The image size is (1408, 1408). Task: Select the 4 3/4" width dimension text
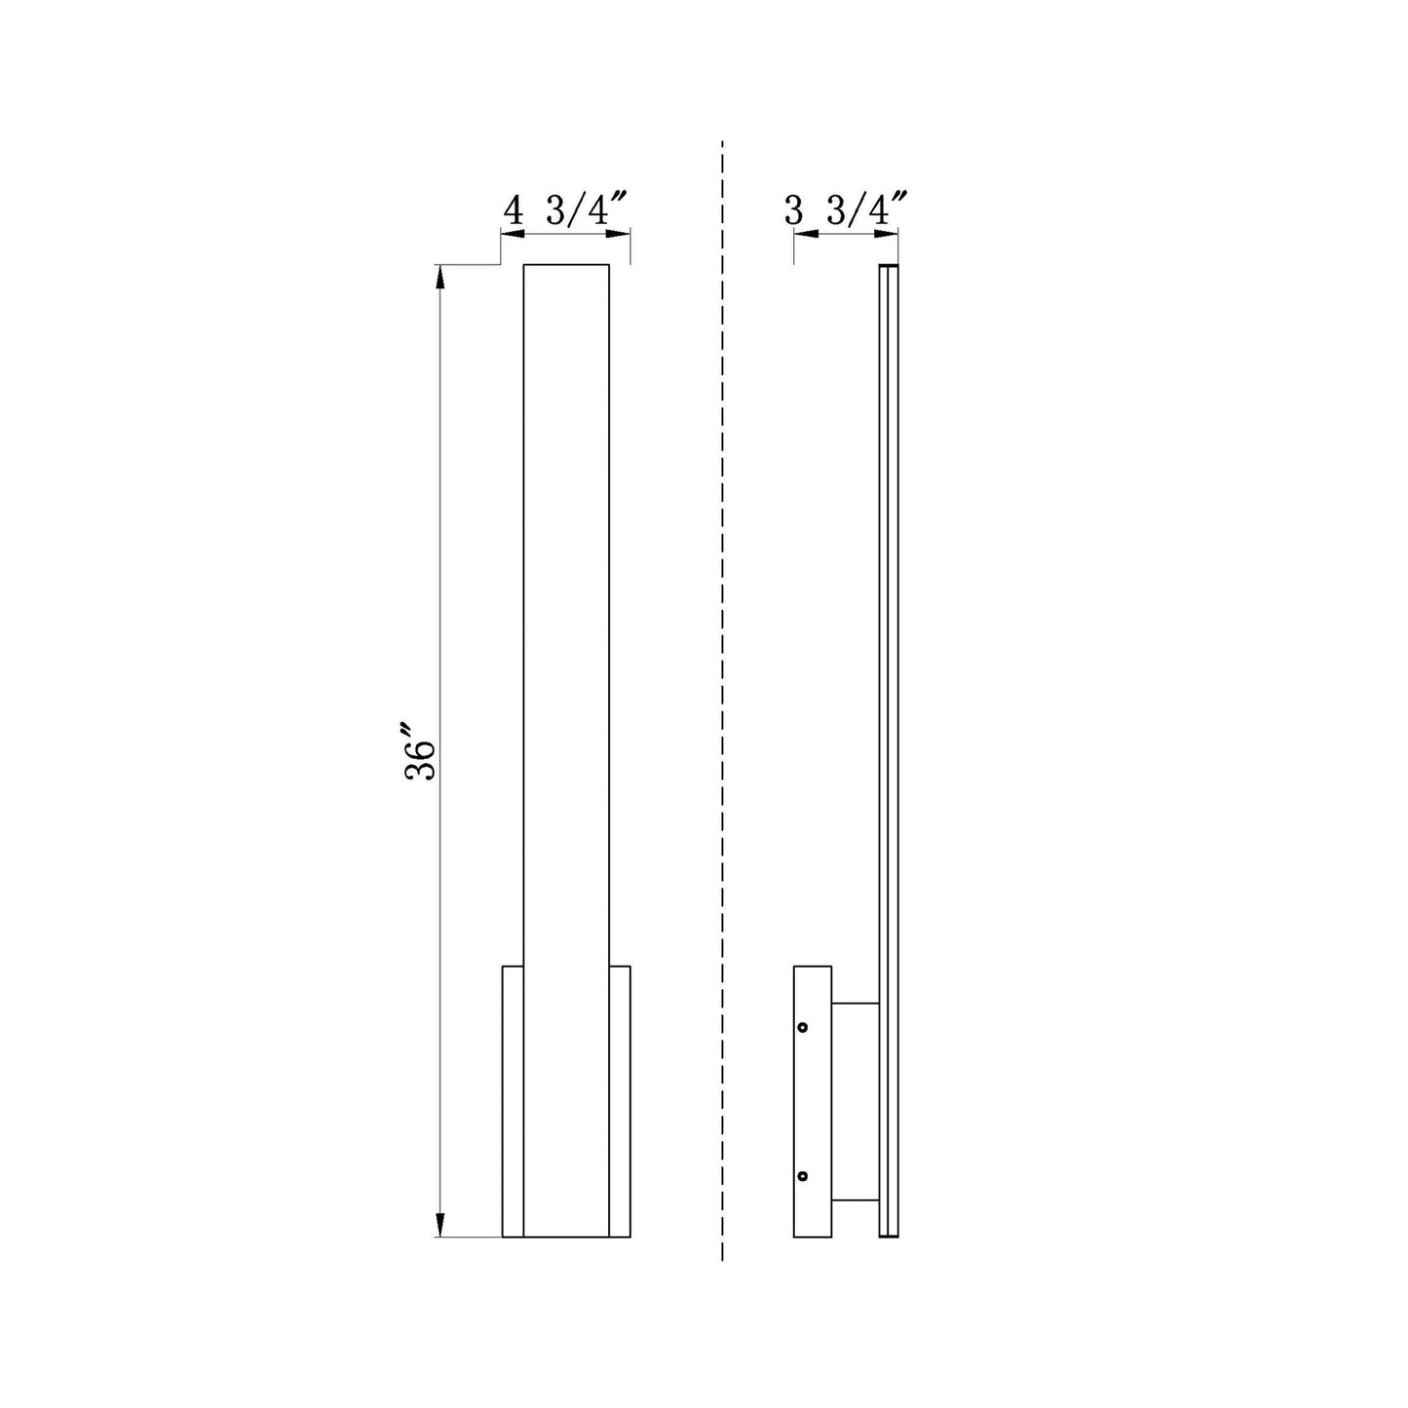(566, 210)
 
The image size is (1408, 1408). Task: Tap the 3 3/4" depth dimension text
(846, 210)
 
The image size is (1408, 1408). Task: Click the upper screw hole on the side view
(803, 1027)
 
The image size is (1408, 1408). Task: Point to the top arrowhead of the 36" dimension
(439, 276)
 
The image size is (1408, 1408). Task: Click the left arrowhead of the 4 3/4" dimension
(513, 234)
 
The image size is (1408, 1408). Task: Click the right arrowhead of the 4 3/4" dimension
(618, 234)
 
